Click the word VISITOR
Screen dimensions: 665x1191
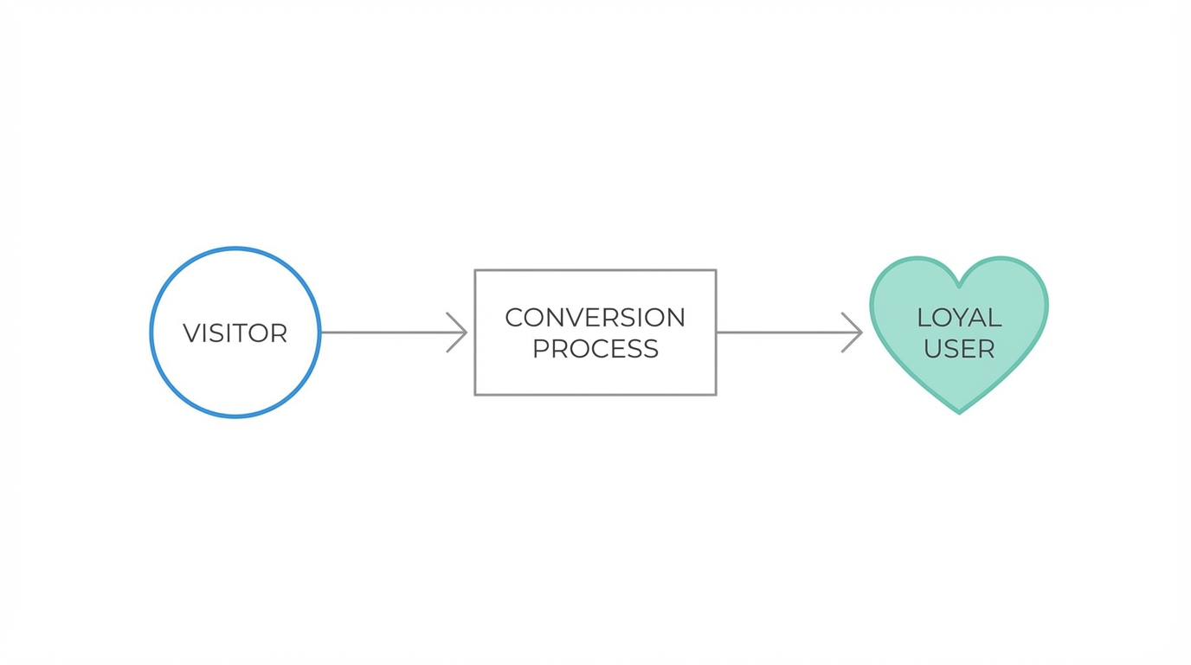pyautogui.click(x=235, y=333)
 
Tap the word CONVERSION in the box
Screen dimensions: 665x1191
pyautogui.click(x=595, y=318)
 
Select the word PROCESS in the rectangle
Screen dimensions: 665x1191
pyautogui.click(x=595, y=349)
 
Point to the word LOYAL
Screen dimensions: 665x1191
pyautogui.click(x=959, y=318)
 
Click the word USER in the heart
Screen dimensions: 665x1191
pyautogui.click(x=959, y=349)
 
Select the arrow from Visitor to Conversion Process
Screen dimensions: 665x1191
pyautogui.click(x=389, y=332)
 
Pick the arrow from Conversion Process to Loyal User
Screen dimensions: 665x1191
pyautogui.click(x=783, y=332)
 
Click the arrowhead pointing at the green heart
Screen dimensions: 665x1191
pyautogui.click(x=855, y=332)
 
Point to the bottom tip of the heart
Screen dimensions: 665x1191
pyautogui.click(x=959, y=412)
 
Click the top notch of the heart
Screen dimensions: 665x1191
pyautogui.click(x=959, y=284)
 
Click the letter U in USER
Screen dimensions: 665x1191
pyautogui.click(x=934, y=349)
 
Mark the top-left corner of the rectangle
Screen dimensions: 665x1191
pyautogui.click(x=475, y=271)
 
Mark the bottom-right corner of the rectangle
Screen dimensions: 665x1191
pyautogui.click(x=716, y=395)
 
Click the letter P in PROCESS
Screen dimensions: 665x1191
pyautogui.click(x=541, y=349)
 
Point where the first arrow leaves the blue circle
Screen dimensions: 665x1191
pyautogui.click(x=321, y=332)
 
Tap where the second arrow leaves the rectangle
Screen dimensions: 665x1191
pyautogui.click(x=718, y=332)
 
